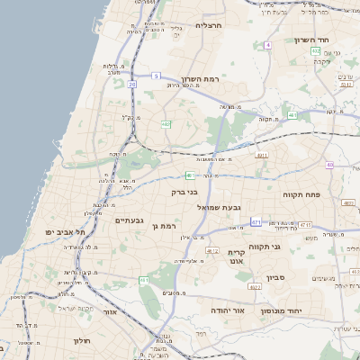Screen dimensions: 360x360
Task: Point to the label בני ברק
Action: (x=184, y=191)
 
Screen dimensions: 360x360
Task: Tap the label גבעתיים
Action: (x=130, y=220)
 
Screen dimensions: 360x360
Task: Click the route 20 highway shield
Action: (x=132, y=84)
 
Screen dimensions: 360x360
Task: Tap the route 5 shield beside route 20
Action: (x=155, y=76)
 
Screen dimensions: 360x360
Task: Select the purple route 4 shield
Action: (x=267, y=44)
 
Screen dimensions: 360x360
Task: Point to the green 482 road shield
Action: (x=166, y=124)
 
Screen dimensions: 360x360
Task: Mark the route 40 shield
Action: (x=330, y=165)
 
